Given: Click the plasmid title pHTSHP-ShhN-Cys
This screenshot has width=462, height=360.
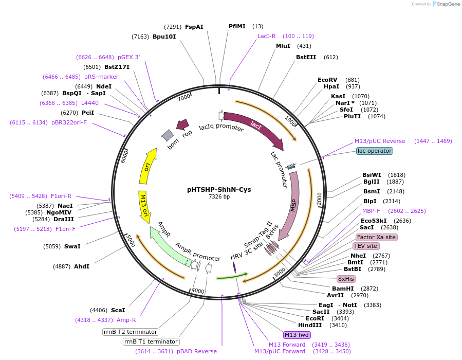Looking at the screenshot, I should [x=219, y=189].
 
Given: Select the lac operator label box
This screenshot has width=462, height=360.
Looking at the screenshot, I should [x=374, y=151].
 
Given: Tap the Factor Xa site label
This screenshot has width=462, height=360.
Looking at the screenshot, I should [x=376, y=237].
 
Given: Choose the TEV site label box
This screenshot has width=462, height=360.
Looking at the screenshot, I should [x=365, y=246].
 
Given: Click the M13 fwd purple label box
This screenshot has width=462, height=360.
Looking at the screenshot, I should [x=297, y=335].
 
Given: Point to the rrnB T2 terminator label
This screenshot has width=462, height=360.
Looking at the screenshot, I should [x=131, y=332].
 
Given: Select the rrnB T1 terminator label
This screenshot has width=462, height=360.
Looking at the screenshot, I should [x=151, y=341].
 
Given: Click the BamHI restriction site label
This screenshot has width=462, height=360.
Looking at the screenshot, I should [x=344, y=289].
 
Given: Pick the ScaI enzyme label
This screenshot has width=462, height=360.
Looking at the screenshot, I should [x=118, y=310].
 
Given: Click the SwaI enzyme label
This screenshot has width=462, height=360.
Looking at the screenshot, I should [x=72, y=246].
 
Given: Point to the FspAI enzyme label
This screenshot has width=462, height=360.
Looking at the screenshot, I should [x=194, y=26].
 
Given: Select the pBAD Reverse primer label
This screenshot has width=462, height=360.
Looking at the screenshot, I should [x=197, y=351].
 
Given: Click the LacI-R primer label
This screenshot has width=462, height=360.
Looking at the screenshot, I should [x=267, y=36].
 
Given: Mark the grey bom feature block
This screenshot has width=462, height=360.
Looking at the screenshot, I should [x=168, y=135].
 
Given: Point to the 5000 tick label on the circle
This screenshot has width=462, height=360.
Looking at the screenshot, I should [x=131, y=241].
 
